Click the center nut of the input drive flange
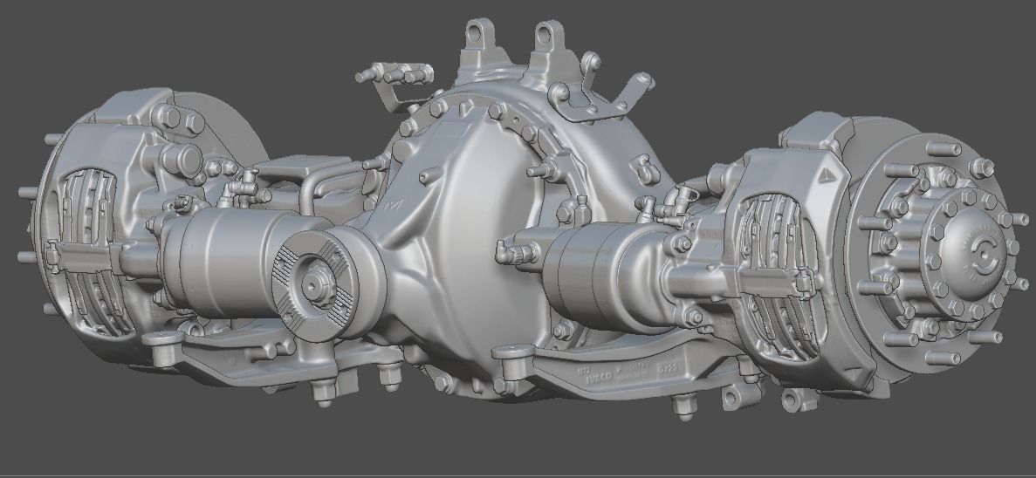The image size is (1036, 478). coord(312,283)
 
